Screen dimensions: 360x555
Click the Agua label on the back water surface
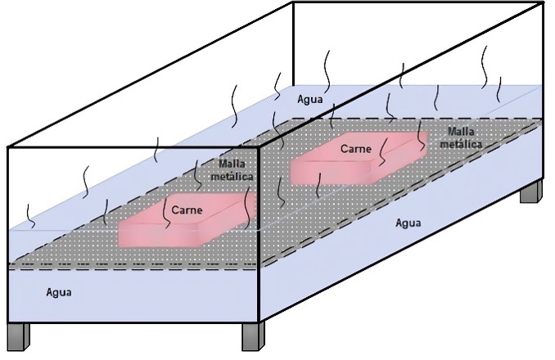click(310, 99)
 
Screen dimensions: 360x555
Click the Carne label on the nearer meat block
click(187, 210)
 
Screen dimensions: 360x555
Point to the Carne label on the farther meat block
click(357, 149)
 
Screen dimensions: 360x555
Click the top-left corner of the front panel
click(8, 148)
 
